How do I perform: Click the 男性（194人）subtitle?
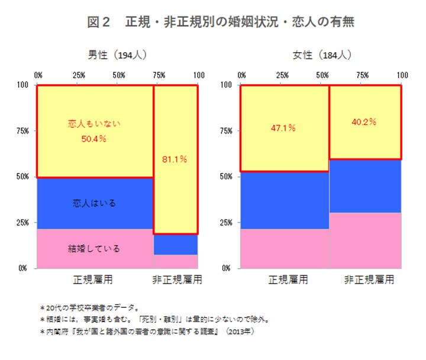coord(117,56)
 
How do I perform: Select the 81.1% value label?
coord(175,159)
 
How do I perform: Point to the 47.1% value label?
coord(283,128)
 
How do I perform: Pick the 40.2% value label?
coord(365,122)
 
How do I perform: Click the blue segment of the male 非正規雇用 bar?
coord(176,244)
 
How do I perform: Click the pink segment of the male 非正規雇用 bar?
coord(176,261)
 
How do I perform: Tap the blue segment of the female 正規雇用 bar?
coord(284,200)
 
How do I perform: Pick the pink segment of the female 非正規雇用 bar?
coord(365,240)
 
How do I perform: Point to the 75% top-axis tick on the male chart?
coord(159,75)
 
